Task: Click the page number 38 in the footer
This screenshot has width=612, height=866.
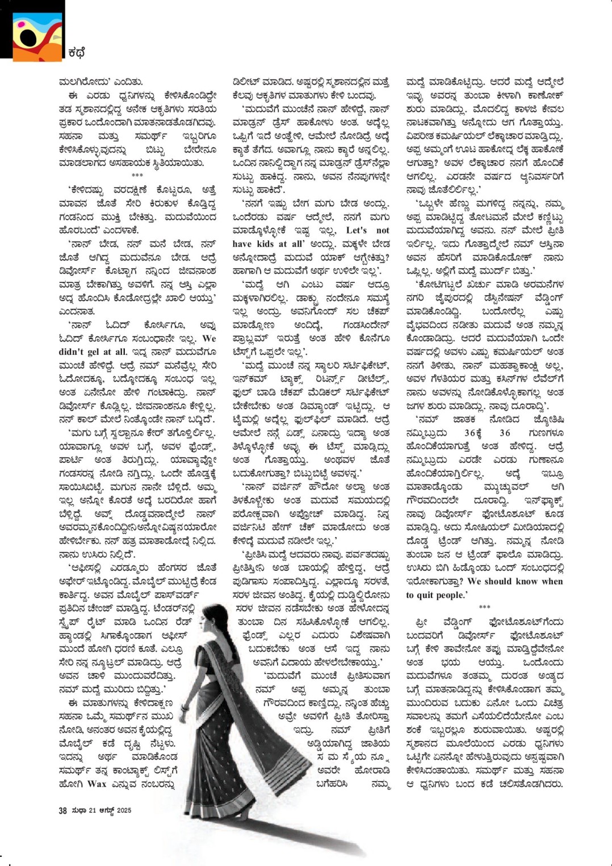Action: click(62, 810)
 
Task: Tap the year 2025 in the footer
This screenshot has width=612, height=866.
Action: click(124, 810)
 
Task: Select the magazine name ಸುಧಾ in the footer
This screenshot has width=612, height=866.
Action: click(78, 810)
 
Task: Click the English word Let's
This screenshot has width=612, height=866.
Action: click(357, 230)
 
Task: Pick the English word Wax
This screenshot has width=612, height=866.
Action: click(97, 784)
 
